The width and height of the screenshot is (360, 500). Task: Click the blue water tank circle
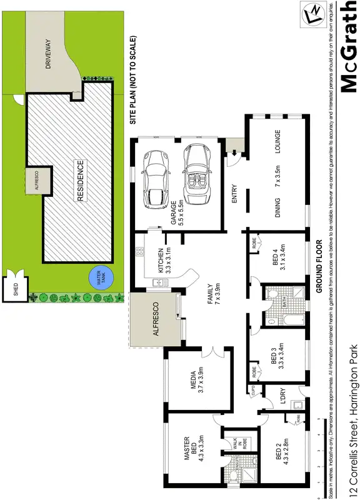click(x=96, y=277)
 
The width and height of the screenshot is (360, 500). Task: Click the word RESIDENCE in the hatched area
click(x=80, y=181)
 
